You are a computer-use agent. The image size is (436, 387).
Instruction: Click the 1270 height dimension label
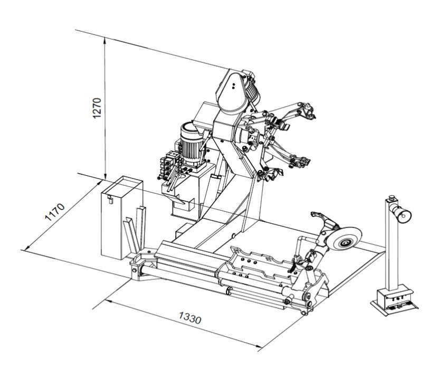click(x=97, y=108)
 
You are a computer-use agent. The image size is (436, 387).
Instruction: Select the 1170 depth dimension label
click(x=55, y=212)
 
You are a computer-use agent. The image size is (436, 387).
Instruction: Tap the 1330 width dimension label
click(x=189, y=318)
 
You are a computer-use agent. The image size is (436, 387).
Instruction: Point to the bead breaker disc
click(x=344, y=238)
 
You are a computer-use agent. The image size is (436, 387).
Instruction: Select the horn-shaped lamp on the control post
click(x=401, y=213)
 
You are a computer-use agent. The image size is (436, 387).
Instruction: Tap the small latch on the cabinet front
click(x=110, y=200)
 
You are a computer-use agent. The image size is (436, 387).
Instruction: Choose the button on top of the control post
click(x=392, y=198)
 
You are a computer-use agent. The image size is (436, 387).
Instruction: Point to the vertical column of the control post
click(x=392, y=245)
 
